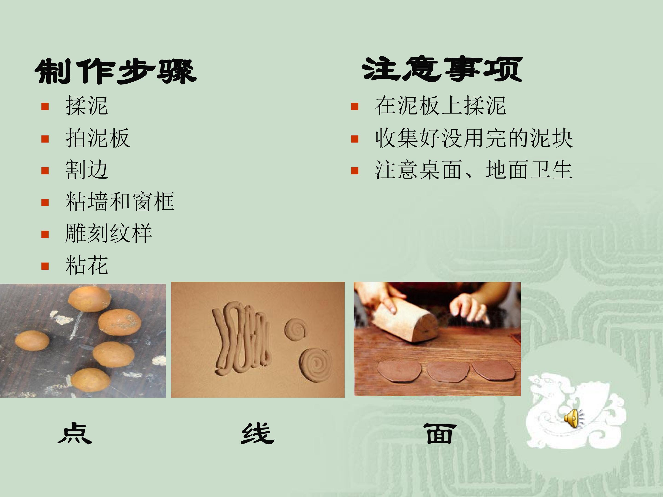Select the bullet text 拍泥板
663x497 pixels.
click(x=98, y=138)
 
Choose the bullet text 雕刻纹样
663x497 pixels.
click(x=108, y=233)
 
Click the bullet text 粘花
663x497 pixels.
click(x=87, y=265)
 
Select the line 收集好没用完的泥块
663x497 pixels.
click(x=474, y=138)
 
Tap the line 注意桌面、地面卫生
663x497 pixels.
click(x=474, y=170)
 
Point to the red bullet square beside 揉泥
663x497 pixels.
click(x=45, y=106)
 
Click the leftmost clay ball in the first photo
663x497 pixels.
click(x=32, y=340)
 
